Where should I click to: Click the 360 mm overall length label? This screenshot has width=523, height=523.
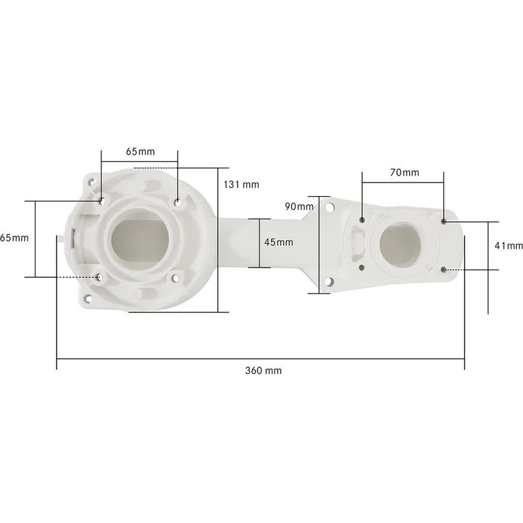point(263,370)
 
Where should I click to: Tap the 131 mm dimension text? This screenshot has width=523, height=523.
point(241,185)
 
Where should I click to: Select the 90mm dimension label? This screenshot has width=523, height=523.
point(299,206)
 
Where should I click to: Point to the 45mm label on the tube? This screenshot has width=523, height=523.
point(279,242)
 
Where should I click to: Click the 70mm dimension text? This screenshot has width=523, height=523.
point(405,173)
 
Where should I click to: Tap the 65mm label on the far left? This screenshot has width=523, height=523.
point(14,238)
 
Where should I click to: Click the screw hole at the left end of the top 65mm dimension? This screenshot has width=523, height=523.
point(101,201)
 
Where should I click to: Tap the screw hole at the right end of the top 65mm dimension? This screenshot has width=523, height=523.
point(178,201)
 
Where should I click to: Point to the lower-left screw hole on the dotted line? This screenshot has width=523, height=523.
point(100,276)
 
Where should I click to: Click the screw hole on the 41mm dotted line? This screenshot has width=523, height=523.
point(444,270)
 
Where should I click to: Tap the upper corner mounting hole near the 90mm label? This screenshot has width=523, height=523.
point(330,206)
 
